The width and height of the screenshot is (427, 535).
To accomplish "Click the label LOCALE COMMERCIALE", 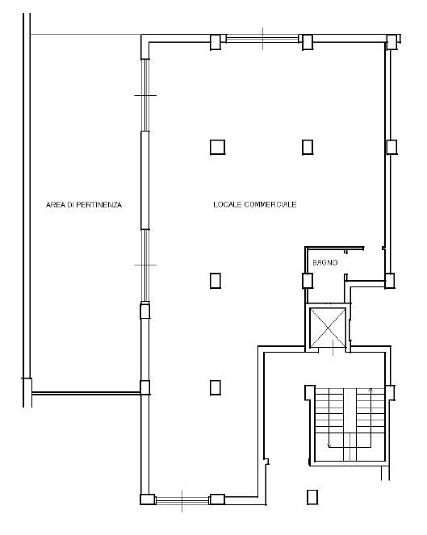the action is pyautogui.click(x=254, y=204).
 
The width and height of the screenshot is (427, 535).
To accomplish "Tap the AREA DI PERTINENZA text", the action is pyautogui.click(x=84, y=205).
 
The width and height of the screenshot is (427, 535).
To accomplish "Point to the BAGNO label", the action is pyautogui.click(x=325, y=262).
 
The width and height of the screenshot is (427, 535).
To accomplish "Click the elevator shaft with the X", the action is pyautogui.click(x=328, y=328).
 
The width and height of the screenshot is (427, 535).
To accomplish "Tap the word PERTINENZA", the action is pyautogui.click(x=99, y=205).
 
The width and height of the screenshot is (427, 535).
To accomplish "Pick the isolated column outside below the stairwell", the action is pyautogui.click(x=312, y=497).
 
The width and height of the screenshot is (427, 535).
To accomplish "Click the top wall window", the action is pyautogui.click(x=262, y=38).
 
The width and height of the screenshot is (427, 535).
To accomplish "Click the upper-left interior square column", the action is pyautogui.click(x=217, y=148).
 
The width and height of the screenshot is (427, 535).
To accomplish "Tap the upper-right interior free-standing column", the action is pyautogui.click(x=308, y=147).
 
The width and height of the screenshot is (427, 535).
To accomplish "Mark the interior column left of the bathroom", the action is pyautogui.click(x=216, y=281).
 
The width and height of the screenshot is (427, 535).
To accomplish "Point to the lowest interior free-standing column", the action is pyautogui.click(x=216, y=387).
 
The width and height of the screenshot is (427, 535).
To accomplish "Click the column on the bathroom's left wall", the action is pyautogui.click(x=308, y=281).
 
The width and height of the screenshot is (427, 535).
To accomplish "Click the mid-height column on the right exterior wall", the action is pyautogui.click(x=391, y=147).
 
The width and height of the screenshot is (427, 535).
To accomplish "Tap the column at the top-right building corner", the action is pyautogui.click(x=392, y=42).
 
